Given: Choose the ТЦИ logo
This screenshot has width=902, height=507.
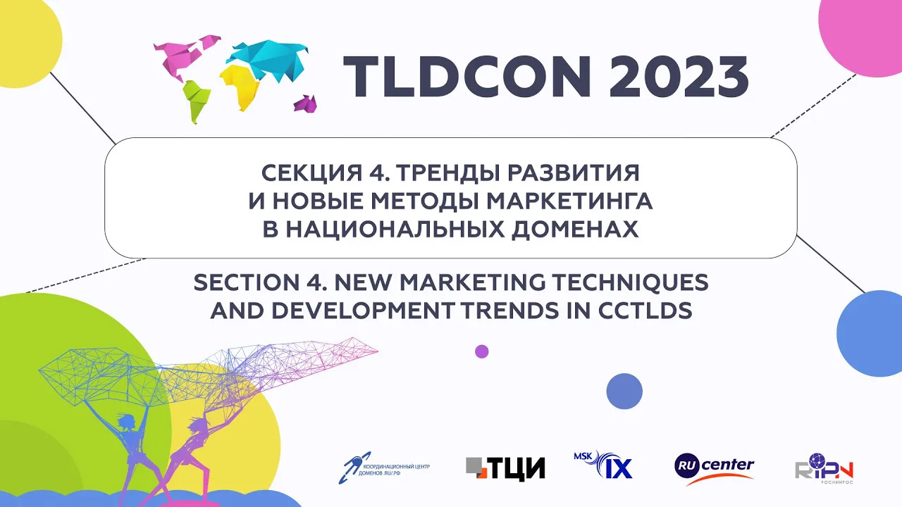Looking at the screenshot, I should [505, 468].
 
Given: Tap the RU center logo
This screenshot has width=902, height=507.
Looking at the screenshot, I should [714, 468].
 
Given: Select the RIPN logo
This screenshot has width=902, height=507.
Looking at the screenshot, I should [824, 468].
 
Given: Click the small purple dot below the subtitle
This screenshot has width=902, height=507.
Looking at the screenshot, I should [482, 351].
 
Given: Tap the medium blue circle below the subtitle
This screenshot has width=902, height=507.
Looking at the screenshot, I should [624, 391].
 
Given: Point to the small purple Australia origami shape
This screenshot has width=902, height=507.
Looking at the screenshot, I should [306, 104].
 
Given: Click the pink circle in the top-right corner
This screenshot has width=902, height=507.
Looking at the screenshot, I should [863, 35].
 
